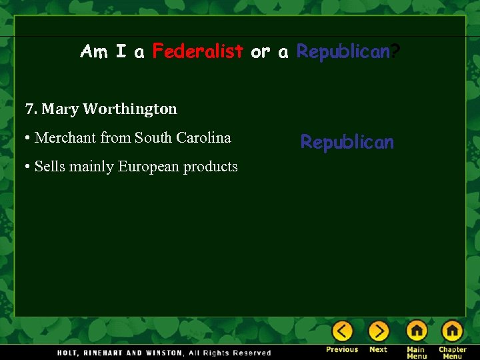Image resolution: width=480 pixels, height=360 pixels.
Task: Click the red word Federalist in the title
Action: pos(197,51)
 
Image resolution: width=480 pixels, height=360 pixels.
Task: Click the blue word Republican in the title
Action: pos(342,51)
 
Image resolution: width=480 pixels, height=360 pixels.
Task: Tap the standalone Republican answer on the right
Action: pos(347,142)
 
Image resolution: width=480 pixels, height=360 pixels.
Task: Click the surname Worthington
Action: pos(130,109)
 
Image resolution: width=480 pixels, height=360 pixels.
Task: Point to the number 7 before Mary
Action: pos(29,109)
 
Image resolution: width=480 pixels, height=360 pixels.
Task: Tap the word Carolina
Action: pos(203,138)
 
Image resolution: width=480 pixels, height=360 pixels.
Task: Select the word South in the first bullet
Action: pos(153,138)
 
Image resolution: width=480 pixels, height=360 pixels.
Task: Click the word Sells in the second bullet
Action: pos(48,167)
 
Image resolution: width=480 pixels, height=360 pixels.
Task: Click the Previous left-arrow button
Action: pos(343,331)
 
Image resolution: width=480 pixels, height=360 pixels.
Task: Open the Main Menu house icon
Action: pos(417,331)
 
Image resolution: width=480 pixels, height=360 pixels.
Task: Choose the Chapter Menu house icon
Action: pos(452,331)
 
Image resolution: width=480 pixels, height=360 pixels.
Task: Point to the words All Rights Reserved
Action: pos(230,353)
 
